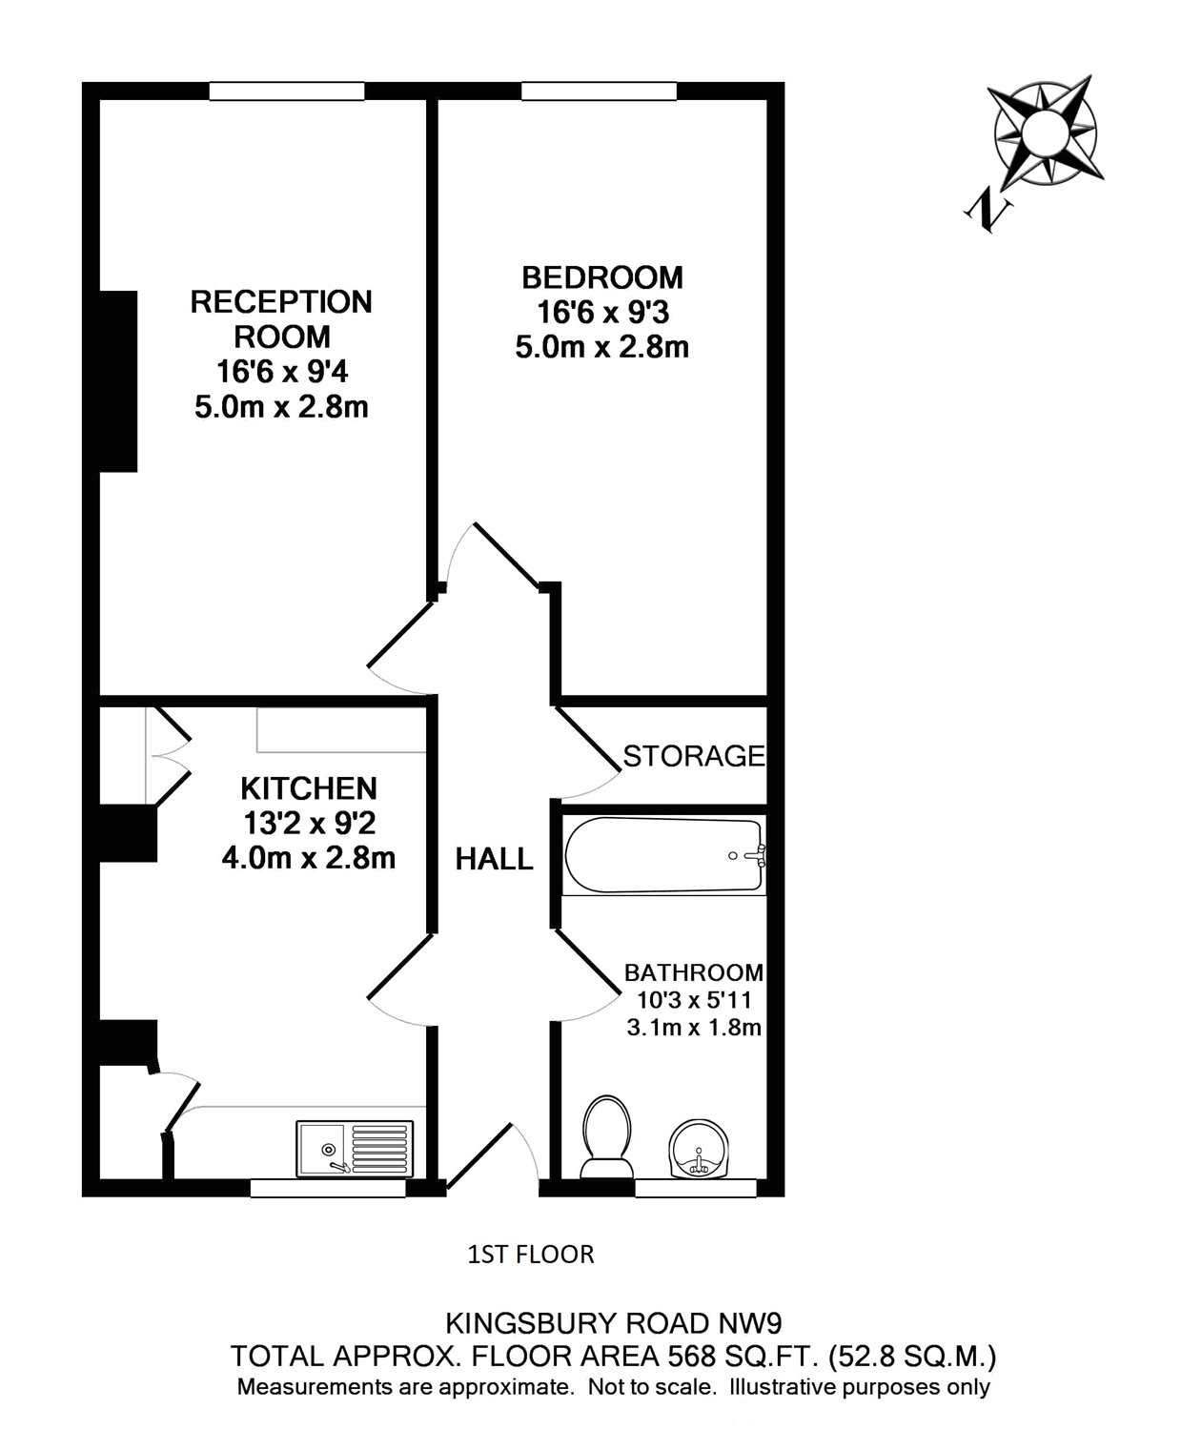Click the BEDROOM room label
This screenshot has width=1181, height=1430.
(602, 277)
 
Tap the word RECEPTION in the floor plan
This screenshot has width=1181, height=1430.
(281, 302)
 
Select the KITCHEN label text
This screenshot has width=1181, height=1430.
(309, 788)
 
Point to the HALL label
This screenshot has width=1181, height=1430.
(494, 859)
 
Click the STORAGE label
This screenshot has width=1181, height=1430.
(694, 756)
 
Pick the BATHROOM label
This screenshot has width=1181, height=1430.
(694, 972)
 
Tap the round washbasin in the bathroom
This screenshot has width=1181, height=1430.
(700, 1149)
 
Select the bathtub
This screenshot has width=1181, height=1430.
(664, 855)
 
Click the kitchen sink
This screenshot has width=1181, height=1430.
(356, 1147)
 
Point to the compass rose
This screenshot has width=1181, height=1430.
(1045, 132)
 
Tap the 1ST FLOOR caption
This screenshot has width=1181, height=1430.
(531, 1255)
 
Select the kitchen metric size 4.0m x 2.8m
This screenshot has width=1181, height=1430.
(308, 858)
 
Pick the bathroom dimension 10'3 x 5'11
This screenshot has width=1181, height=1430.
(694, 1001)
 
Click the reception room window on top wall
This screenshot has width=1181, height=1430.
(287, 92)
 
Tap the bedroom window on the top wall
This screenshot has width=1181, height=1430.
(600, 92)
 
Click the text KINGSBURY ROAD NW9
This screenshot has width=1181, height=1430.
(615, 1323)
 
